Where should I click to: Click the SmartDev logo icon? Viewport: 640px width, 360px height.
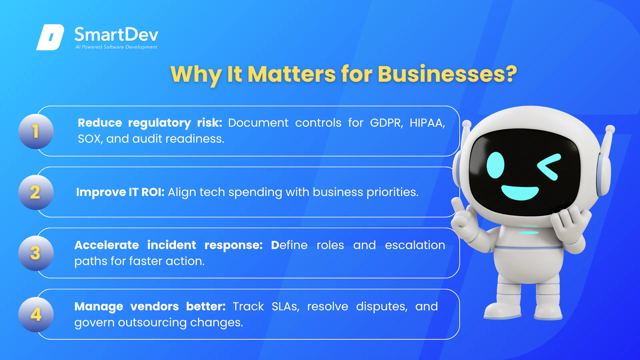pos(50,37)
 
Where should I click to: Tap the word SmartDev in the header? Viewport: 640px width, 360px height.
pos(116,35)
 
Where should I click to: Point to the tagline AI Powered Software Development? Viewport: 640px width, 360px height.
pos(116,47)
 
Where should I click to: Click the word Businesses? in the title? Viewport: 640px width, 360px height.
pos(447,74)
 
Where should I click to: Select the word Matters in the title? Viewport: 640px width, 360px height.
pos(292,74)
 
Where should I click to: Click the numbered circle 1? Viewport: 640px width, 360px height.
pos(36,131)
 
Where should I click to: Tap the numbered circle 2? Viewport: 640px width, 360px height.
pos(36,192)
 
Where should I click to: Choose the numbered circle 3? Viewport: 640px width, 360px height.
pos(36,253)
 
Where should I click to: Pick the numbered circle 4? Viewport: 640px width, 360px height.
pos(36,314)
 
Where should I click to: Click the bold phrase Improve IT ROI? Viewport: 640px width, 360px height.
pos(120,192)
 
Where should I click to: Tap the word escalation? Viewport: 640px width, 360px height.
pos(415,245)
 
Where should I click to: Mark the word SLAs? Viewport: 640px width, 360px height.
pos(285,306)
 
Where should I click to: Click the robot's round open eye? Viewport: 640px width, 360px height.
pos(495,165)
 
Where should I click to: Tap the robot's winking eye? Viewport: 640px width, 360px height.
pos(549,167)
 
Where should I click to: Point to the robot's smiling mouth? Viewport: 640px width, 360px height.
pos(520,193)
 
